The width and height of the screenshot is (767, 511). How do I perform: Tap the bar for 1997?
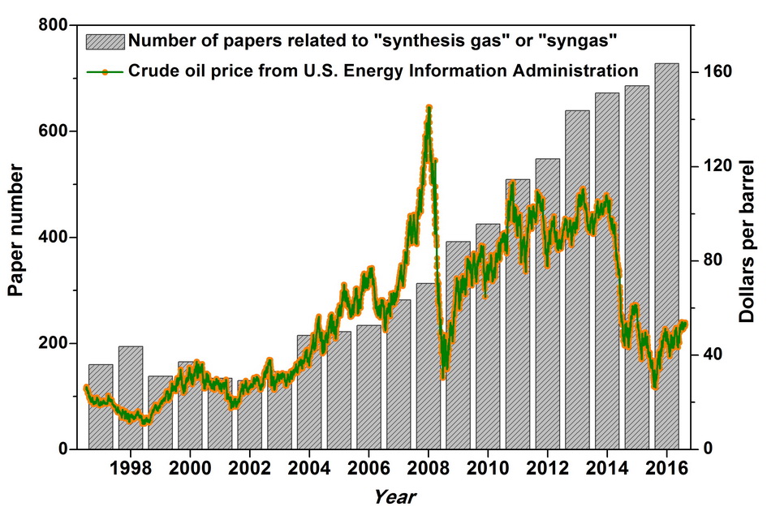point(101,406)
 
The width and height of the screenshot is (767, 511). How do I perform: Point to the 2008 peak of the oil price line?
point(429,107)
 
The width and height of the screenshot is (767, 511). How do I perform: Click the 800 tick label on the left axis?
point(52,26)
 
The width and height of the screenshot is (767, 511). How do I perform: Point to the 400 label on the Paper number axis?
point(52,238)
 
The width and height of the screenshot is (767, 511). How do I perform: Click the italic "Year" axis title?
point(396,494)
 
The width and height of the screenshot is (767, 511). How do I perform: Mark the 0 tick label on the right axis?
point(709,449)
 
